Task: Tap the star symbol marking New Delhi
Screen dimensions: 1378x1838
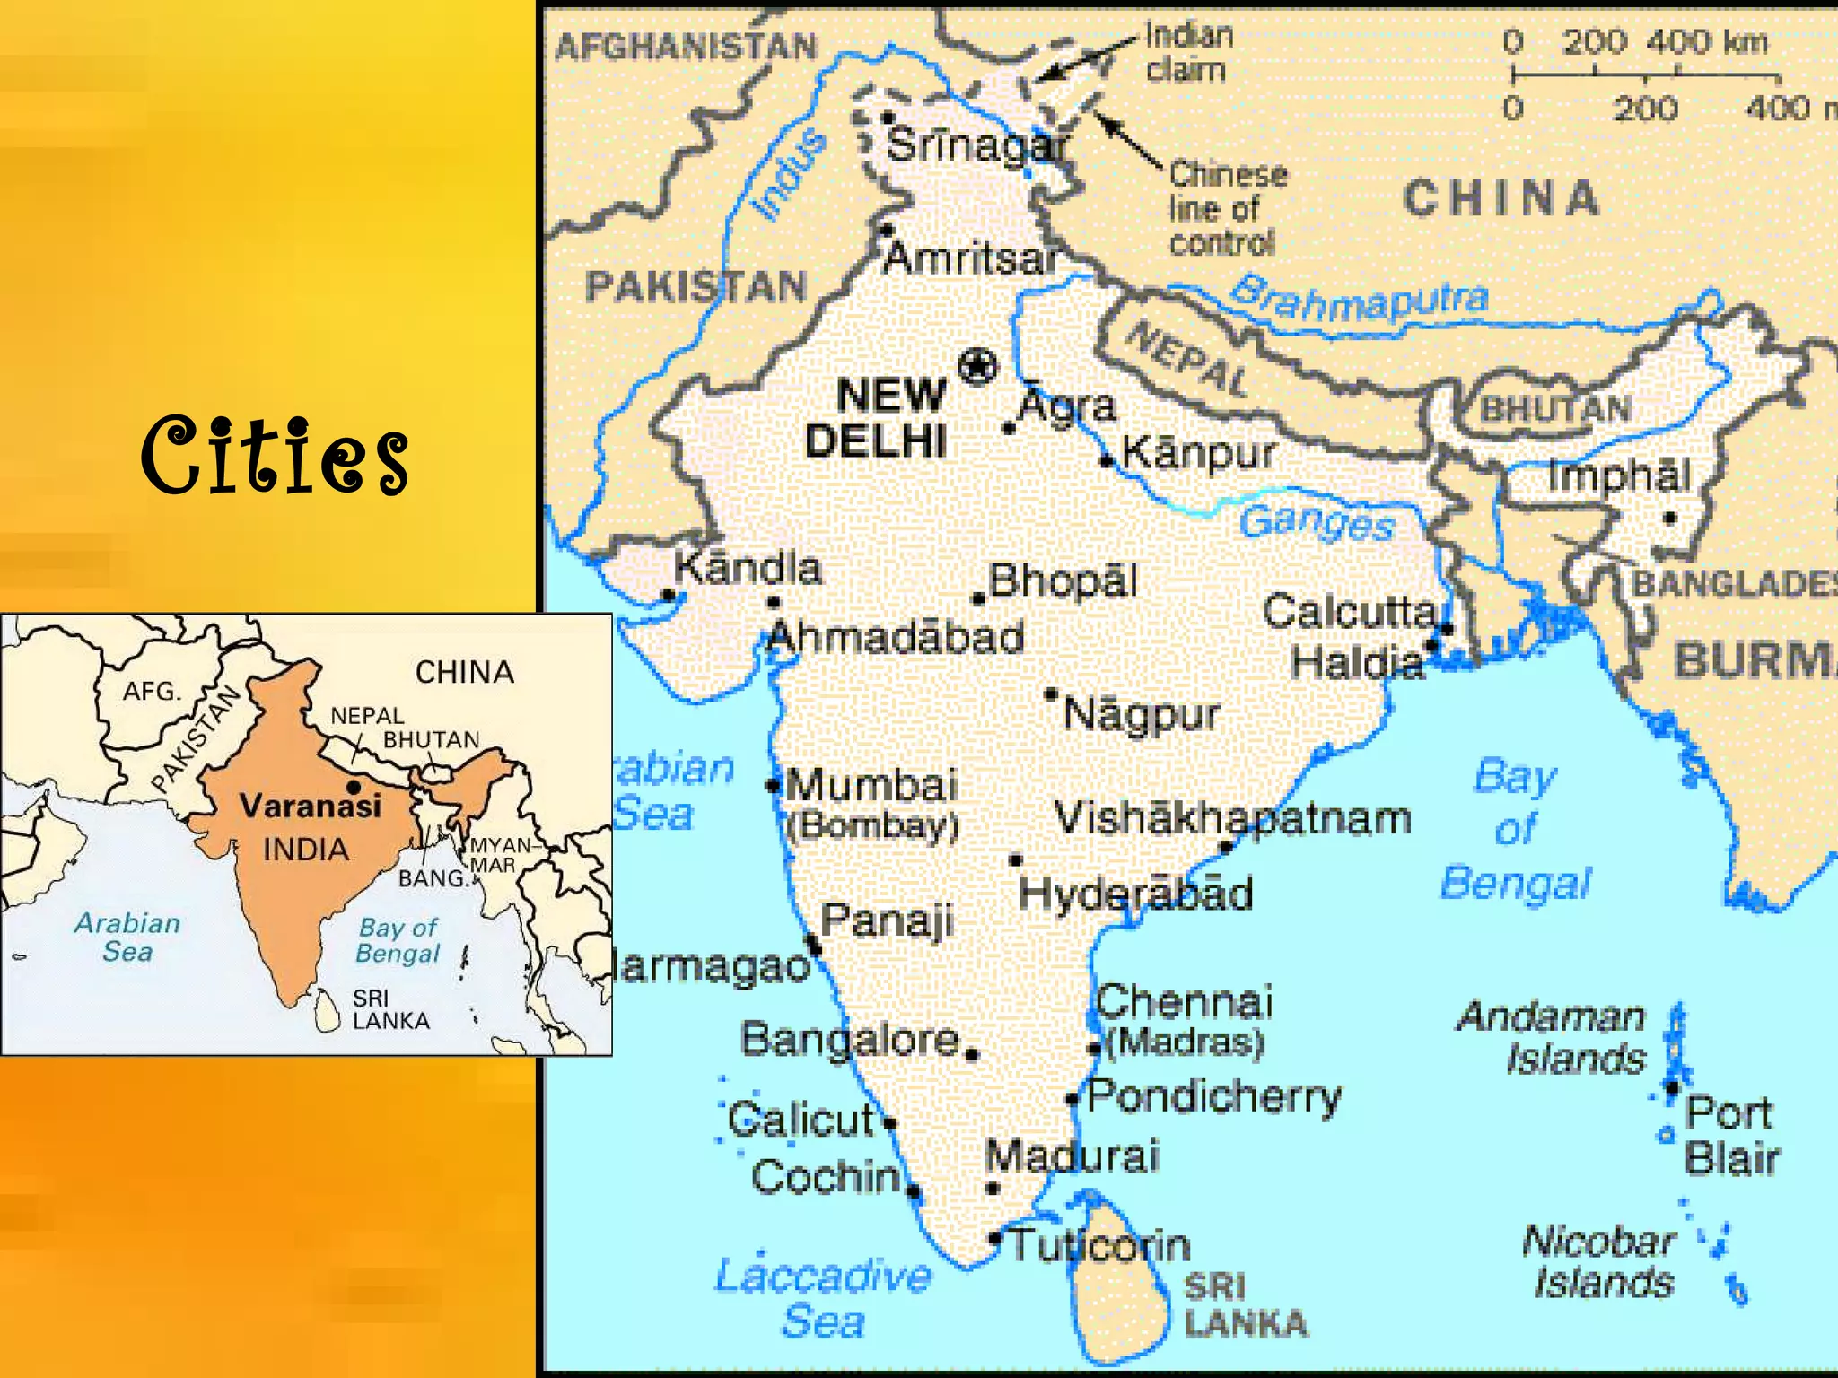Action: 977,366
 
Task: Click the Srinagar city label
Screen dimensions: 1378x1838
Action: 977,144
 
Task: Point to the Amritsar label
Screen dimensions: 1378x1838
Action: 970,258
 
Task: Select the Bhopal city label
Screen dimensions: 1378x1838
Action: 1063,580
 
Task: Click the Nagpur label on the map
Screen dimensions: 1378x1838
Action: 1141,714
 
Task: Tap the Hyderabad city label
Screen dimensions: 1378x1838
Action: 1135,894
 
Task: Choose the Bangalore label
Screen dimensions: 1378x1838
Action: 850,1039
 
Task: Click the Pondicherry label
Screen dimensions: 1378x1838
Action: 1214,1096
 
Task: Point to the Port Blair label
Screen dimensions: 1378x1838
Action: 1731,1136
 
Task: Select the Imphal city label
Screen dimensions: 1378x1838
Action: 1619,475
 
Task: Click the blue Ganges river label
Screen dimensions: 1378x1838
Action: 1317,522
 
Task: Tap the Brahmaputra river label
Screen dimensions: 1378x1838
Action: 1359,299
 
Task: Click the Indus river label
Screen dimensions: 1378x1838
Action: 789,174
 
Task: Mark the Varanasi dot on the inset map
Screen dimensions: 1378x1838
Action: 354,788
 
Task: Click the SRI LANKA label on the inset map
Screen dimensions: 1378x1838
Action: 390,1009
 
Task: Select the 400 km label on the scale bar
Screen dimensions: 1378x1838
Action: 1706,41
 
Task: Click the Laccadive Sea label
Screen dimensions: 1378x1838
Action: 823,1297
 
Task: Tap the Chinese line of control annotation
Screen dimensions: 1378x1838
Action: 1226,208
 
